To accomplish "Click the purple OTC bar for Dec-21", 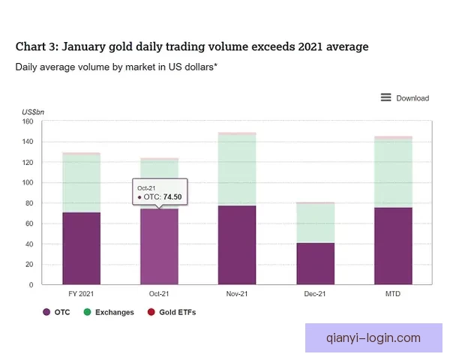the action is click(x=316, y=263).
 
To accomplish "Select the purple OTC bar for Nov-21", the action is click(x=237, y=245).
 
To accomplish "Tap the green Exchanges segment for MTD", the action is click(x=393, y=173).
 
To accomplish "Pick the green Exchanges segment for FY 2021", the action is click(x=82, y=184).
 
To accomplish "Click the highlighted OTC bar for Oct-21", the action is click(x=159, y=247).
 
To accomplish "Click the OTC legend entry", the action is click(x=56, y=312).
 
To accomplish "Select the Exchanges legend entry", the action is click(x=109, y=312).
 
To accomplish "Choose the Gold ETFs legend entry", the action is click(x=172, y=312).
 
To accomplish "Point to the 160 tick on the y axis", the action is click(x=28, y=121).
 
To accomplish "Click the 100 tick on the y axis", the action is click(x=28, y=182).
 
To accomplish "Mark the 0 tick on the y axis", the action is click(x=31, y=285).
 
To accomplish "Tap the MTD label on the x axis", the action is click(x=393, y=294).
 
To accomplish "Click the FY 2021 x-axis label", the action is click(x=81, y=294).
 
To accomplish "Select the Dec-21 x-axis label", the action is click(x=315, y=294).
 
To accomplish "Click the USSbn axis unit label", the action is click(x=33, y=112).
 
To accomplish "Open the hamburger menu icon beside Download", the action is click(x=386, y=97).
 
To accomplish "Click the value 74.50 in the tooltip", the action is click(x=172, y=197).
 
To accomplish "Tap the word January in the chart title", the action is click(x=84, y=47).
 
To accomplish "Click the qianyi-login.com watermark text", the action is click(x=373, y=338).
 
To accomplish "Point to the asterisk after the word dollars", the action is click(x=215, y=65).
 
